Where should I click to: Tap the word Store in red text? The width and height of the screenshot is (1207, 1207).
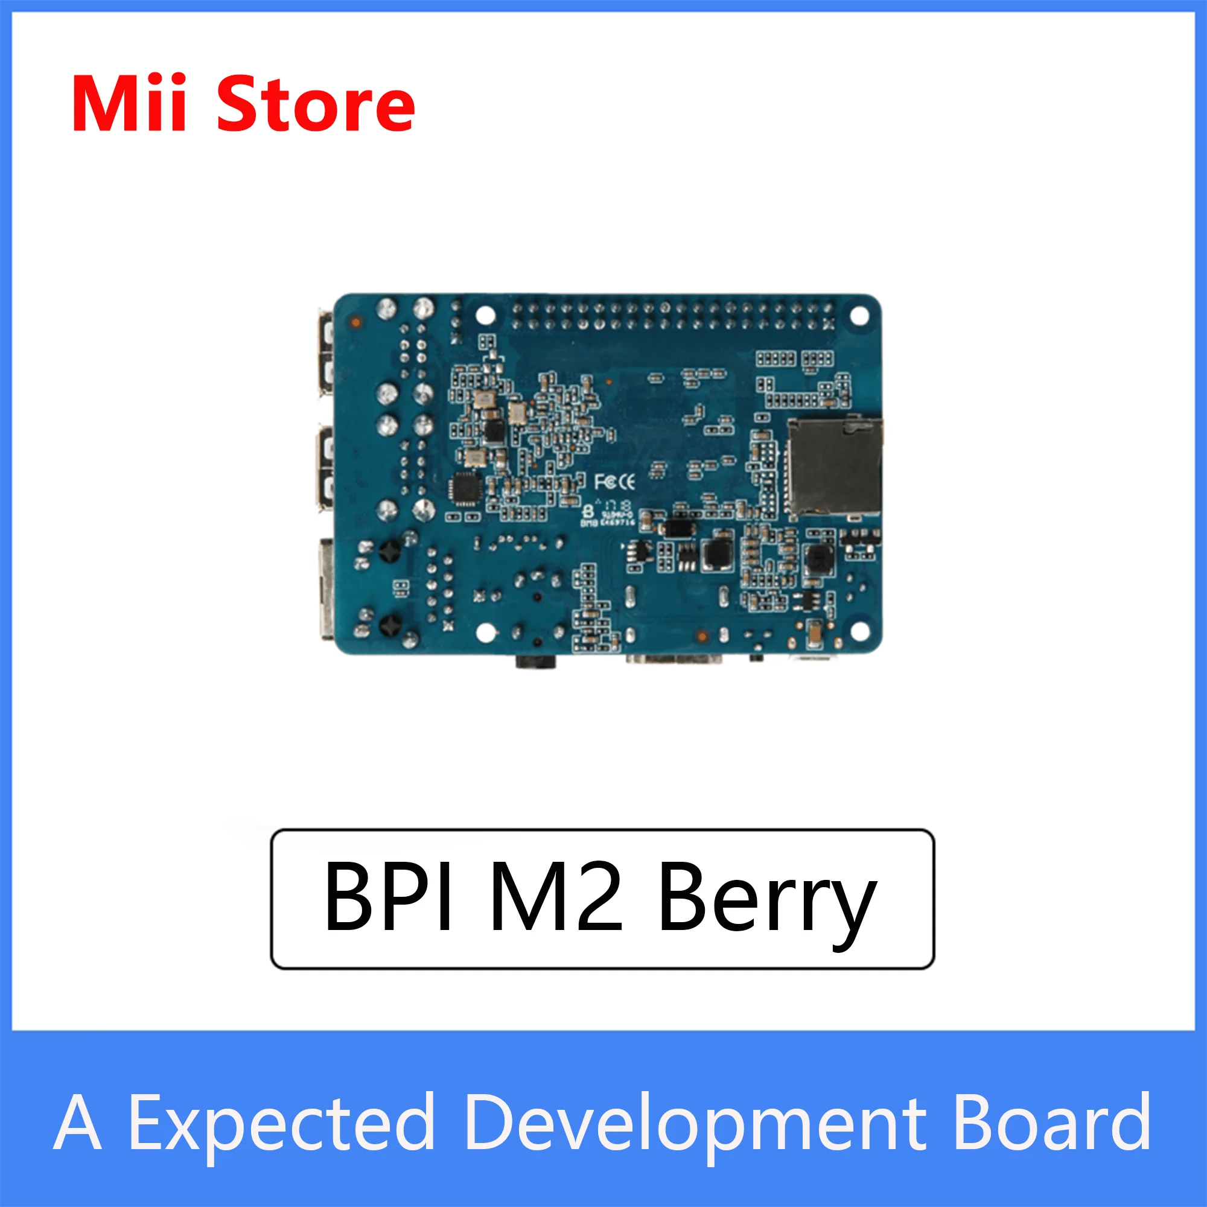tap(316, 105)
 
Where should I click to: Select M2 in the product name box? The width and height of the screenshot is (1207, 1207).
tap(556, 897)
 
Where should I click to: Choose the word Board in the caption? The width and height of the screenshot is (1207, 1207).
tap(1051, 1123)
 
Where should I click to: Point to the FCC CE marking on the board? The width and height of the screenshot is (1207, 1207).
tap(614, 482)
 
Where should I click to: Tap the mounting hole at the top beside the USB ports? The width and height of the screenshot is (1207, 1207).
tap(485, 315)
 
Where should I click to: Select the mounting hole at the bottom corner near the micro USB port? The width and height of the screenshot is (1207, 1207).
tap(860, 631)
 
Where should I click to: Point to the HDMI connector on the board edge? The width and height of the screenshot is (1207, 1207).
tap(675, 658)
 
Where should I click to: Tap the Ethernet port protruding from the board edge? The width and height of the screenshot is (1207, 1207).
tap(325, 588)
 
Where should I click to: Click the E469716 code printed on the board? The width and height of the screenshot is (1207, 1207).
tap(617, 521)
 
